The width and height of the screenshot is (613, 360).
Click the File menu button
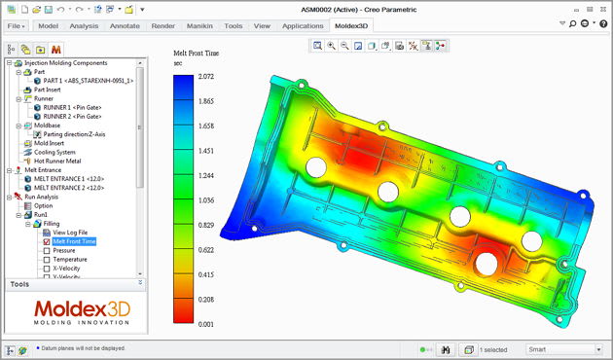point(17,26)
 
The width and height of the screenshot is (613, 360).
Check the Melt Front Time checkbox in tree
point(46,241)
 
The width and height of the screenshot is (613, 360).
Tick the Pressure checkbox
point(46,250)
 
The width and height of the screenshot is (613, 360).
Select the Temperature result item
point(70,260)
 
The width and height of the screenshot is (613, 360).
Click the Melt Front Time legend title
point(198,54)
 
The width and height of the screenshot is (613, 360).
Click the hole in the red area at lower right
point(487,262)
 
